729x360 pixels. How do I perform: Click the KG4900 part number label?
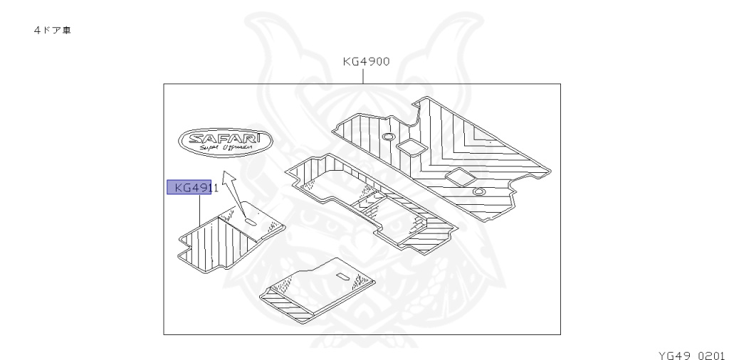pyautogui.click(x=365, y=62)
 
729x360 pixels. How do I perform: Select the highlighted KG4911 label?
pyautogui.click(x=189, y=188)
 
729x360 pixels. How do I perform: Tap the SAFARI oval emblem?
pyautogui.click(x=224, y=142)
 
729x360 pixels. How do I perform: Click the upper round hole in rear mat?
pyautogui.click(x=389, y=135)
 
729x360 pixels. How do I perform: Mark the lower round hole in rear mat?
pyautogui.click(x=478, y=190)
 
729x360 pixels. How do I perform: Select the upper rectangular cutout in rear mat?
pyautogui.click(x=411, y=147)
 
